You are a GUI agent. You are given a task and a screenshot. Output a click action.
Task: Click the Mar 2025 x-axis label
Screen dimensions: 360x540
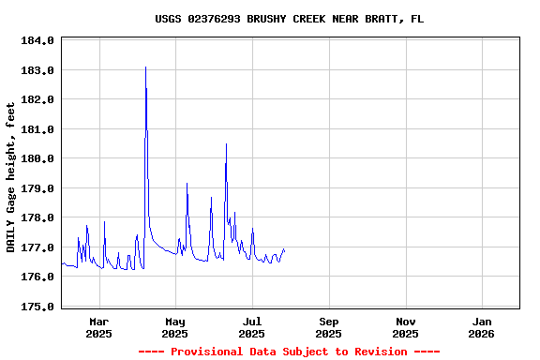(x=98, y=327)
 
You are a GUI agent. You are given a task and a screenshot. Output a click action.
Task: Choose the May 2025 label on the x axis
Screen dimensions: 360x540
(x=175, y=327)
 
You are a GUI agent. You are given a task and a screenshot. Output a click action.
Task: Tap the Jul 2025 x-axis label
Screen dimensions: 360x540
(x=251, y=327)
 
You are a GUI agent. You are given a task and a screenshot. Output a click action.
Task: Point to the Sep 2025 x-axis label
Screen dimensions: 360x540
(x=328, y=327)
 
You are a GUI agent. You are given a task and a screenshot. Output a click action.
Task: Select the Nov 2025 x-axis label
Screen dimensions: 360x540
(x=405, y=327)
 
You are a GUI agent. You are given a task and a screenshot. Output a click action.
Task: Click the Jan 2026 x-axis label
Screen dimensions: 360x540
(x=481, y=327)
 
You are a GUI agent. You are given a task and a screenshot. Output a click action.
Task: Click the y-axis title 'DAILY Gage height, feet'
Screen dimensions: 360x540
(x=12, y=177)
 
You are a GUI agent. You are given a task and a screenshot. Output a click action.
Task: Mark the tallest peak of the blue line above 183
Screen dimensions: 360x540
(x=145, y=67)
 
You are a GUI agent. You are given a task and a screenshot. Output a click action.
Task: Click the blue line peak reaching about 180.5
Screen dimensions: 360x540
(x=226, y=144)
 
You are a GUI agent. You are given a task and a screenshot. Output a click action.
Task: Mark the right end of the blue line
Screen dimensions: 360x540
(x=284, y=250)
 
